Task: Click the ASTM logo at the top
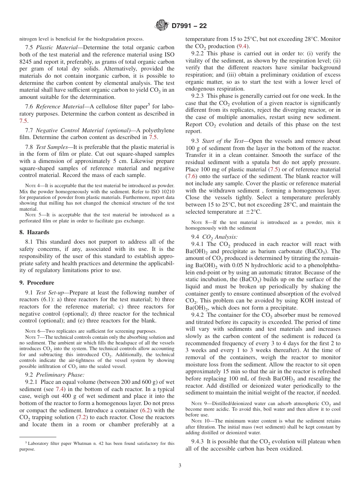pos(162,26)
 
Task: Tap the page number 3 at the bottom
pos(180,466)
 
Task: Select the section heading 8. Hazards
pos(34,232)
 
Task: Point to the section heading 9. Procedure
pos(37,283)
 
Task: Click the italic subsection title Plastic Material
pos(57,47)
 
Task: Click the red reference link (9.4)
pos(243,46)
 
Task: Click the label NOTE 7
pos(31,337)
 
